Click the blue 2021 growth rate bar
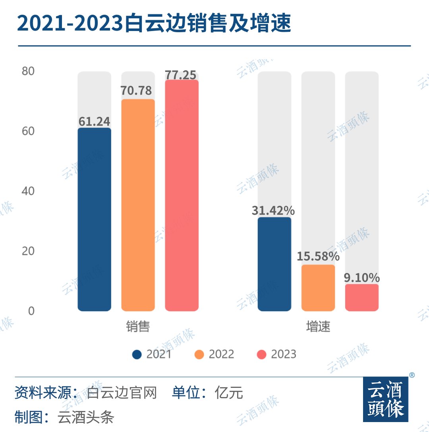pos(274,264)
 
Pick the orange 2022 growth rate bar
pos(318,288)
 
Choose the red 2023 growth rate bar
pos(361,298)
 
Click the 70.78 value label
pos(136,91)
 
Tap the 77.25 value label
pos(181,75)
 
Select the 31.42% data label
pos(273,211)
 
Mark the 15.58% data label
pos(318,257)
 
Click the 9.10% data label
pos(361,277)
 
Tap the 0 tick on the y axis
pos(31,311)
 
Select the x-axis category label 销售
pos(138,327)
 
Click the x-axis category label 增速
pos(318,327)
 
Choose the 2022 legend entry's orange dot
pos(199,355)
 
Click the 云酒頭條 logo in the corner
pos(385,399)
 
